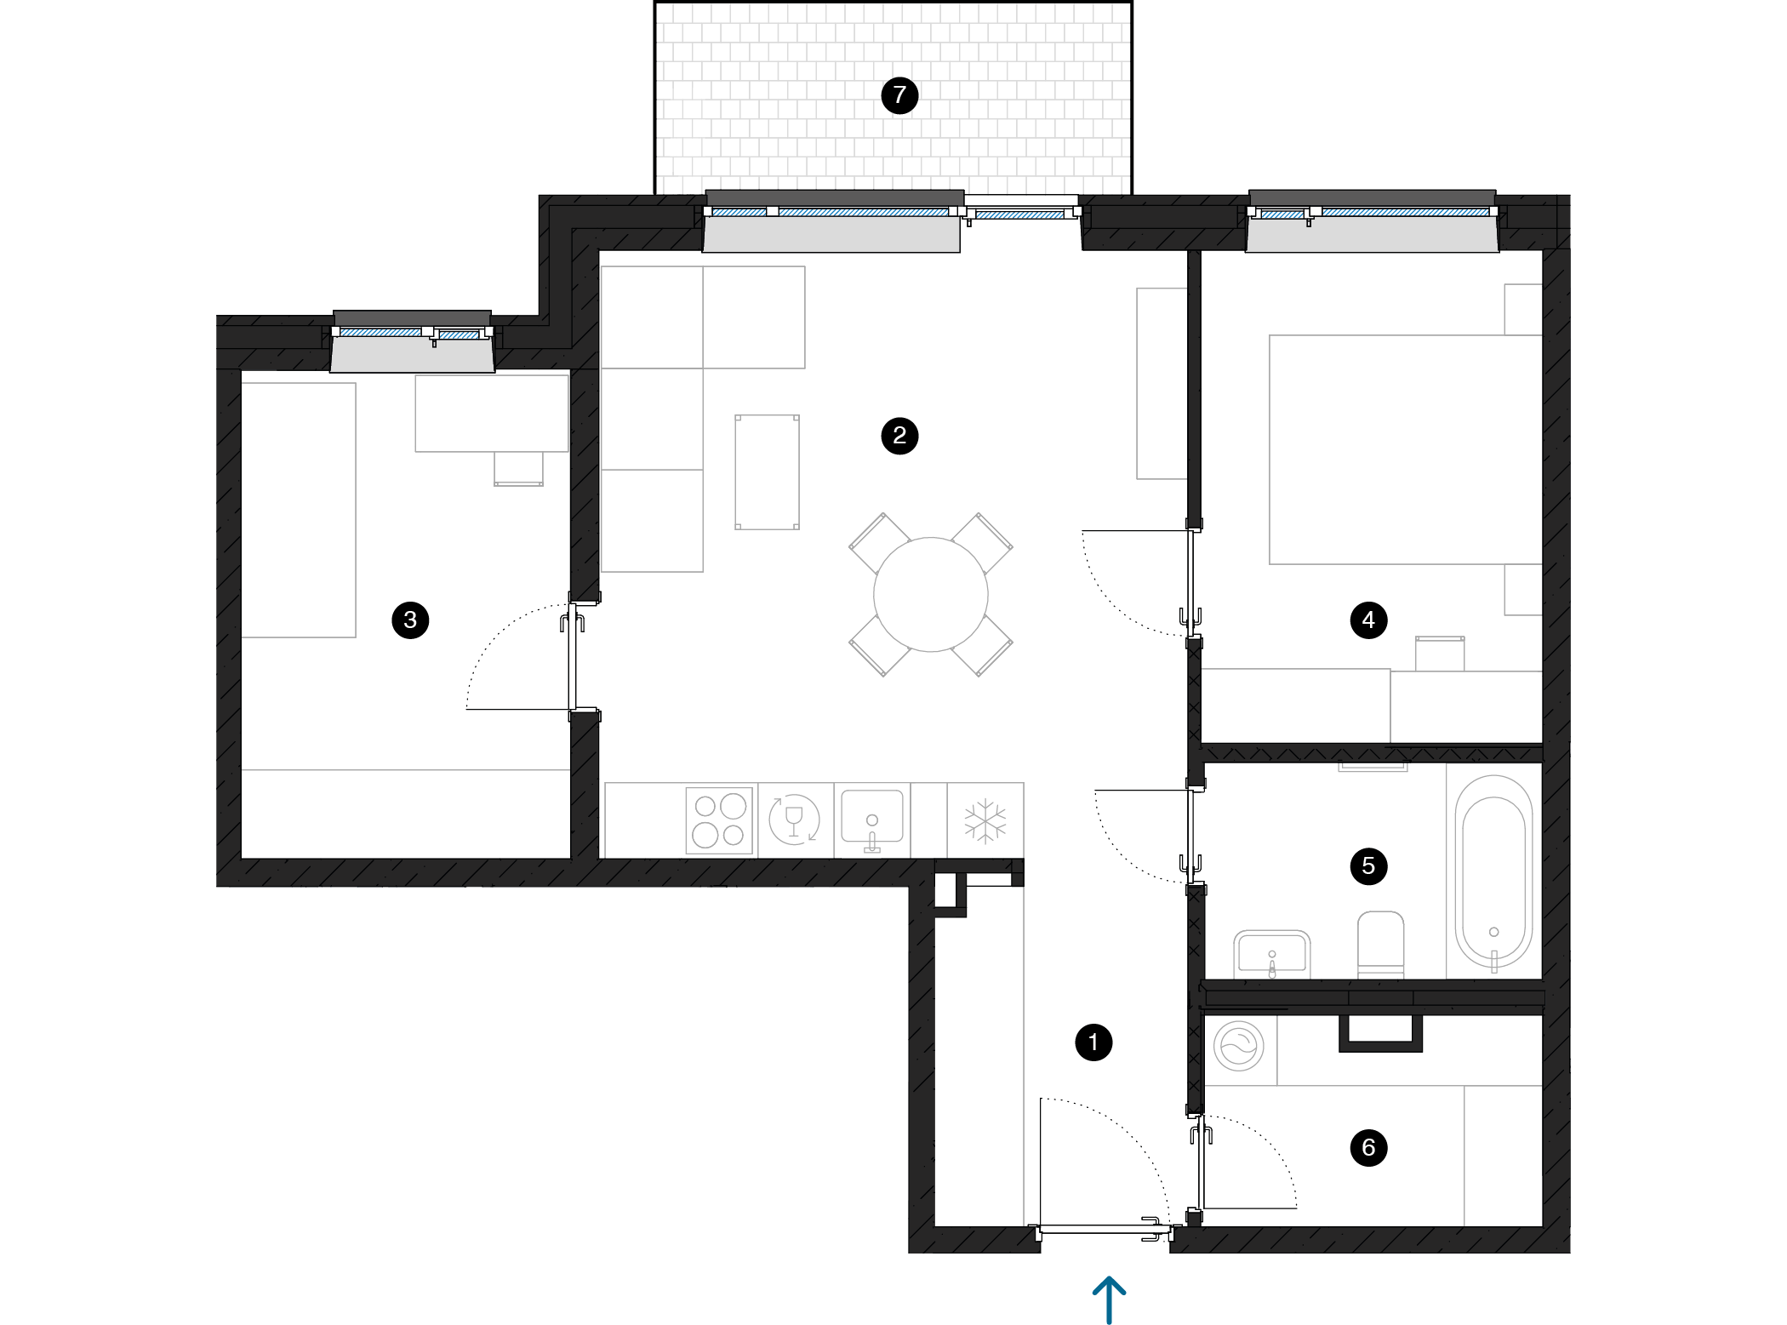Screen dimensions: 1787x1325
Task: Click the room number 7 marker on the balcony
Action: pyautogui.click(x=899, y=95)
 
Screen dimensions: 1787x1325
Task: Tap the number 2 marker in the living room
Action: pyautogui.click(x=899, y=436)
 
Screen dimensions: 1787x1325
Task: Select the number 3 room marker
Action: pyautogui.click(x=410, y=620)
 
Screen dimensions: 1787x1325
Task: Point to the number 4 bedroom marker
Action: pyautogui.click(x=1368, y=620)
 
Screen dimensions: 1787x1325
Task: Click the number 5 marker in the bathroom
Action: pyautogui.click(x=1368, y=866)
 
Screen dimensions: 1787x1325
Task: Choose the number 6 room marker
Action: pyautogui.click(x=1368, y=1147)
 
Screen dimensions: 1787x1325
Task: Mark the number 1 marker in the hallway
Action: pyautogui.click(x=1093, y=1042)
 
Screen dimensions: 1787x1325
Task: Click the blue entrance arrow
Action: pyautogui.click(x=1110, y=1299)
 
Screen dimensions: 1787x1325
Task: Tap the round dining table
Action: pyautogui.click(x=931, y=594)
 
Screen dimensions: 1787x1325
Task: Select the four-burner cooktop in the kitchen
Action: pyautogui.click(x=719, y=820)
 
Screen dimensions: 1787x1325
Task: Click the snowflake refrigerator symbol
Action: pyautogui.click(x=985, y=821)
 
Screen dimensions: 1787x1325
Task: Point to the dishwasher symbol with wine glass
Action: pyautogui.click(x=794, y=820)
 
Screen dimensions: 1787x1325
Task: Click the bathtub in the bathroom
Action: pyautogui.click(x=1493, y=871)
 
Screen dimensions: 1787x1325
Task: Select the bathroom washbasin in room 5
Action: pyautogui.click(x=1272, y=954)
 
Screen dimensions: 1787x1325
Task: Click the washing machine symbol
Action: pyautogui.click(x=1239, y=1046)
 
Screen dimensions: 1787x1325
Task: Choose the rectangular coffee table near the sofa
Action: pyautogui.click(x=767, y=472)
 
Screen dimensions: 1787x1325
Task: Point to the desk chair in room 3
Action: pyautogui.click(x=518, y=469)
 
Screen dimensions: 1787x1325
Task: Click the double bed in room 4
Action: pyautogui.click(x=1406, y=449)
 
